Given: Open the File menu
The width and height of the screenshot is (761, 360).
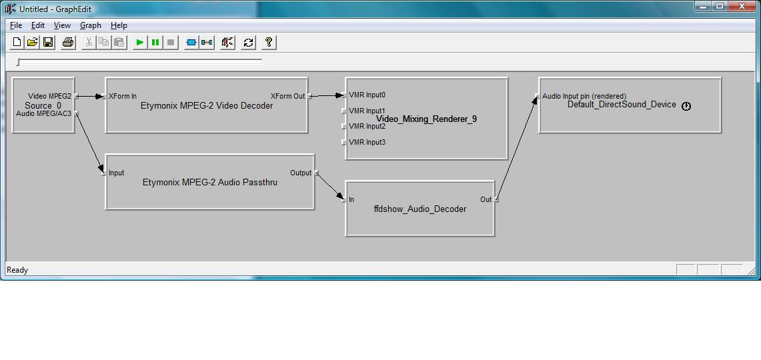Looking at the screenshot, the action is tap(16, 25).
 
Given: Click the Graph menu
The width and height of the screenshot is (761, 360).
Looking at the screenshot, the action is tap(91, 25).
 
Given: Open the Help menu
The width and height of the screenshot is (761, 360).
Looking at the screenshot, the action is tap(119, 25).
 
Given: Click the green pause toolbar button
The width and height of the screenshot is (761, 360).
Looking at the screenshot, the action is tap(155, 43).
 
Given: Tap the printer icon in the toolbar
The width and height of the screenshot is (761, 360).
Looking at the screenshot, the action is tap(69, 43).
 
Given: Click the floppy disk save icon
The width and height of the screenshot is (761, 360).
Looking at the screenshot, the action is tap(48, 43).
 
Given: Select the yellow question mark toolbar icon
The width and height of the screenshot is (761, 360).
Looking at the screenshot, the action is tap(269, 43).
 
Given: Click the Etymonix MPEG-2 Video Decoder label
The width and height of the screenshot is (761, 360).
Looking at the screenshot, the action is tap(207, 106).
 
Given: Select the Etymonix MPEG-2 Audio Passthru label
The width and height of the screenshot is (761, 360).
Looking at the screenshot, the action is tap(210, 183).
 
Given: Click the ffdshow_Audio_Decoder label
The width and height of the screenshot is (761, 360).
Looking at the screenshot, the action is tap(420, 209).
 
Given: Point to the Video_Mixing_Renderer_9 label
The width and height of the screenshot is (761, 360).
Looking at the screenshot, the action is tap(427, 119).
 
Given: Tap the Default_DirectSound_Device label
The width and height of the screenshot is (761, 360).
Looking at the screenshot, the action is tap(622, 104).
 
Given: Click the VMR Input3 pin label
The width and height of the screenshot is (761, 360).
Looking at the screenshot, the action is tap(367, 142).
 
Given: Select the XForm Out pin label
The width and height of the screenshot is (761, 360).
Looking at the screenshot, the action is tap(288, 96).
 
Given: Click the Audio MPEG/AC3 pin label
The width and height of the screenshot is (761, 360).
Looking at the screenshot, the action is tap(43, 113).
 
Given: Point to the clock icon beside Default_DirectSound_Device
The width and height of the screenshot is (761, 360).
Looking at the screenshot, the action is tap(686, 106).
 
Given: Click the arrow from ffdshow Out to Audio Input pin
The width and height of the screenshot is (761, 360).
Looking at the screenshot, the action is tap(518, 147).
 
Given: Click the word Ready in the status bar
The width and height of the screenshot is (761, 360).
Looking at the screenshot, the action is tap(17, 270).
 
